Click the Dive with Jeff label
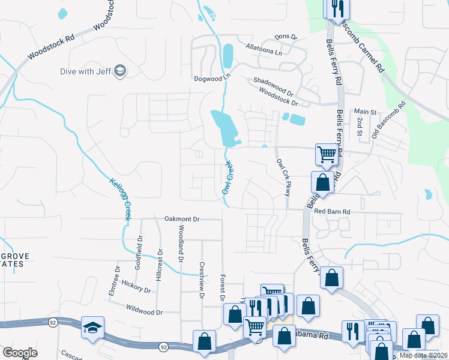coord(85,71)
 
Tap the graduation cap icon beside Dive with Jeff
coord(120,71)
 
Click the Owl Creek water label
coord(227,178)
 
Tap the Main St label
coord(364,112)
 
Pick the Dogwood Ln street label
coord(212,78)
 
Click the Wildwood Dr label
coord(145,311)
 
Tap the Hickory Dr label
coord(136,286)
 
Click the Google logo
coord(20,352)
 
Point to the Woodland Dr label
coord(180,244)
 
